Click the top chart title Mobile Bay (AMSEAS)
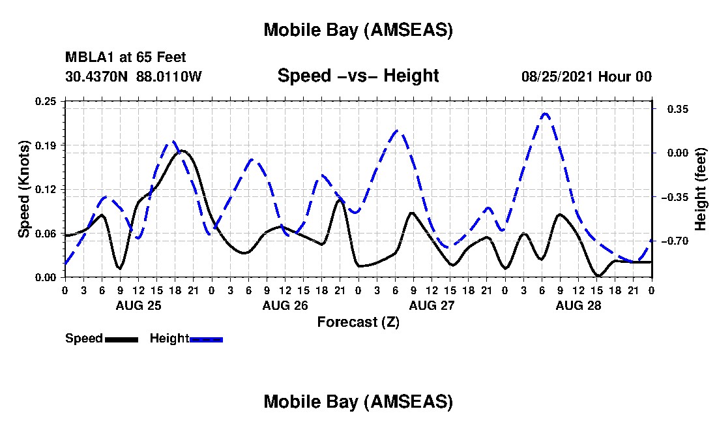coord(358,30)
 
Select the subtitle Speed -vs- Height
coord(358,76)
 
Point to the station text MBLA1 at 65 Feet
coord(126,58)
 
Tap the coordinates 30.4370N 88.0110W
coord(134,76)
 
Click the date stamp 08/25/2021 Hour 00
coord(587,76)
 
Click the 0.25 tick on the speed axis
coord(46,101)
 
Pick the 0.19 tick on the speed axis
coord(46,145)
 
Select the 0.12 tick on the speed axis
coord(46,189)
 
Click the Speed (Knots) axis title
coord(24,189)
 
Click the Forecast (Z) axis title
coord(358,322)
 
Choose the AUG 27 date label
coord(431,305)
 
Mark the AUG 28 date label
coord(578,305)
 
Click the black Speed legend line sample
coord(121,339)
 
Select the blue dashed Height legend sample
coord(206,339)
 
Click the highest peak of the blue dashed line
coord(546,114)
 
